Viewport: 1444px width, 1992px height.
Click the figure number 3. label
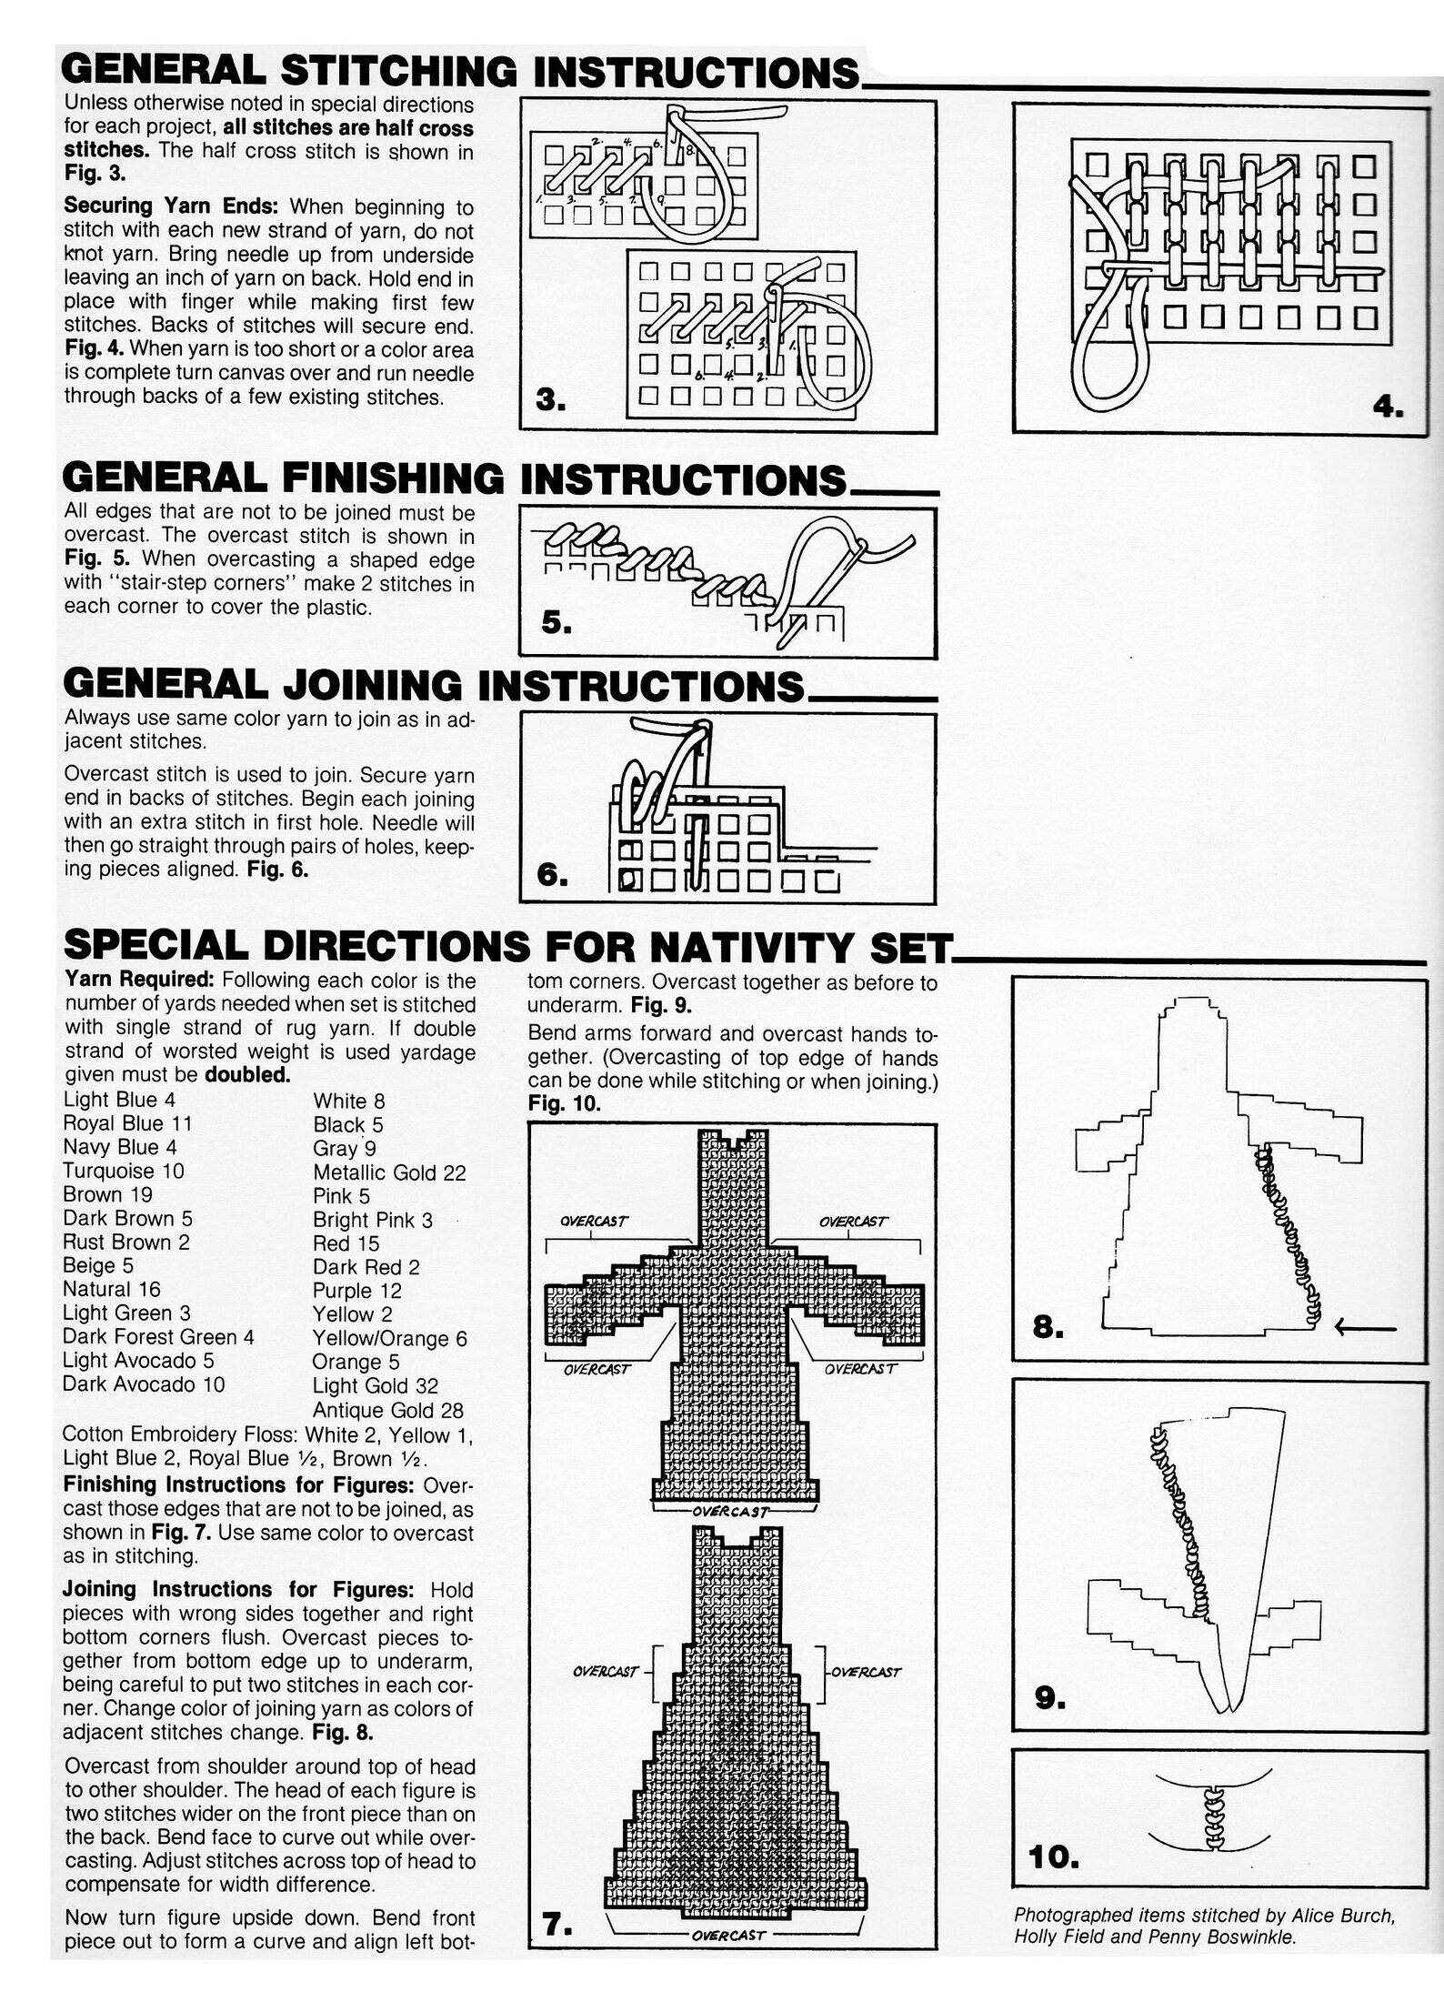[551, 399]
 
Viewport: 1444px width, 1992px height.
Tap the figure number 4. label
[1388, 407]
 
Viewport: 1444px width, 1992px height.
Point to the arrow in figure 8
[1365, 1329]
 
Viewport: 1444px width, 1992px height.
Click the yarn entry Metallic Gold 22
[389, 1172]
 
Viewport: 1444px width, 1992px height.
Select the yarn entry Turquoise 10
[123, 1171]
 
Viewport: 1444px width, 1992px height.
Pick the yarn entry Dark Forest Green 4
[158, 1336]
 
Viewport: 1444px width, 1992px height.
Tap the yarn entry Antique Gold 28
[387, 1410]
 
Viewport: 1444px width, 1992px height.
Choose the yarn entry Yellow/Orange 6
[389, 1338]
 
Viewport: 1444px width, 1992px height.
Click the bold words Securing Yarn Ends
[170, 206]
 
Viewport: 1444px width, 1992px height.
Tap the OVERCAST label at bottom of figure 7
[728, 1935]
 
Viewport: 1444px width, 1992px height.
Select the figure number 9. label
[1049, 1697]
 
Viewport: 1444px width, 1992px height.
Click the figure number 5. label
[556, 622]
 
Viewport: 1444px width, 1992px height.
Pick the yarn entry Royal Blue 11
[127, 1123]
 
